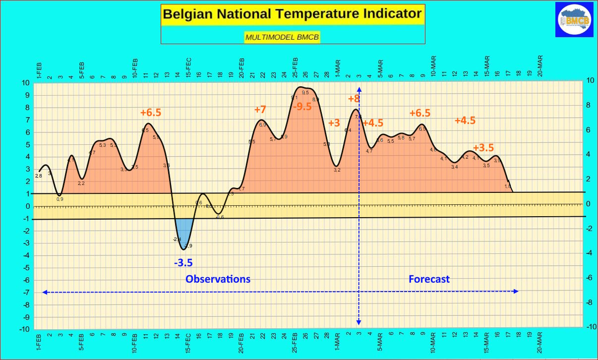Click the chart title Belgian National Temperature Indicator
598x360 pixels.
click(x=292, y=13)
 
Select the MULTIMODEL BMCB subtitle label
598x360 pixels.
click(x=282, y=37)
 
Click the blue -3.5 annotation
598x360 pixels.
click(x=183, y=263)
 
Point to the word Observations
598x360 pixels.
click(x=218, y=279)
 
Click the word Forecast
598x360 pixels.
click(x=429, y=279)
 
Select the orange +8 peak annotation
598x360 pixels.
click(x=354, y=98)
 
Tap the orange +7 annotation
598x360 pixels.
click(x=260, y=110)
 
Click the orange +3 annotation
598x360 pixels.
click(x=334, y=123)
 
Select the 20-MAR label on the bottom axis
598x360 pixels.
click(x=540, y=342)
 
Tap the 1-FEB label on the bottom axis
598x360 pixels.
click(x=39, y=342)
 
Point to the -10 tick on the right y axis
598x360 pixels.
click(x=591, y=327)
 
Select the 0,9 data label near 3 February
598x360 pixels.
click(x=60, y=199)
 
